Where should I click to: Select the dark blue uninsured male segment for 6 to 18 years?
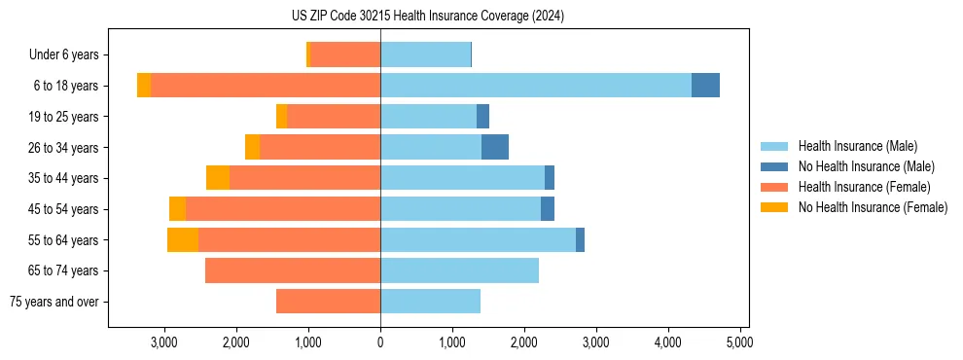(x=705, y=86)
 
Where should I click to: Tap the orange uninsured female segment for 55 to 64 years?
(x=182, y=239)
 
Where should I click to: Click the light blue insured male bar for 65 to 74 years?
(x=459, y=270)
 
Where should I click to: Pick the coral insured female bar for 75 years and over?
(x=328, y=302)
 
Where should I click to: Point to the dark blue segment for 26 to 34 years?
(x=494, y=147)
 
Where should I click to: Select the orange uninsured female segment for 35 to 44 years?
(x=218, y=178)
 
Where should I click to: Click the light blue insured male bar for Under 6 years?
(x=425, y=54)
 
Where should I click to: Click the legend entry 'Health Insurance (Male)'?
(x=857, y=146)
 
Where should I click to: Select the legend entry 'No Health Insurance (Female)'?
(x=873, y=207)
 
